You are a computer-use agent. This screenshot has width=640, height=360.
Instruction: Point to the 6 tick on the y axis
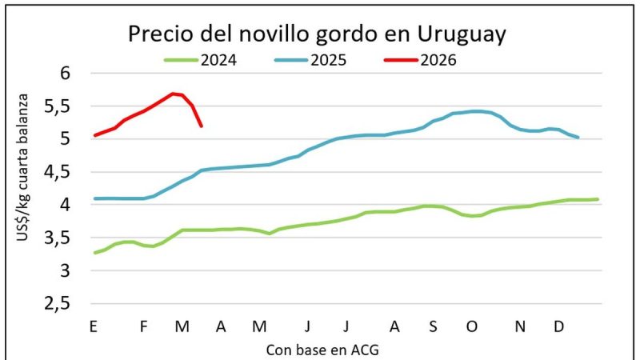click(66, 73)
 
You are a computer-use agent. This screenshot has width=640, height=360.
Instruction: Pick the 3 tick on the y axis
click(66, 271)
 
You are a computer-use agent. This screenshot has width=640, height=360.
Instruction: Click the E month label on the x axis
click(94, 326)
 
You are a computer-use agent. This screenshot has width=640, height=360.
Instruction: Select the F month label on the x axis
click(144, 326)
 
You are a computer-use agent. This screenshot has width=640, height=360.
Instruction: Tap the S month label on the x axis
click(433, 326)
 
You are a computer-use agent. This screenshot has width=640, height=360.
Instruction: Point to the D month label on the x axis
click(559, 326)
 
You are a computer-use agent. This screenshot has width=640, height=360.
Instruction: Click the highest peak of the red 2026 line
click(173, 94)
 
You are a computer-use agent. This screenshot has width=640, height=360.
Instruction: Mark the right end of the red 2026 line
click(201, 126)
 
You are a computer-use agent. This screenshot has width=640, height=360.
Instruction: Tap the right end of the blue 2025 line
click(578, 138)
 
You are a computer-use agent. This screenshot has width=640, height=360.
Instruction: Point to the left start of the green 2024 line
click(94, 253)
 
